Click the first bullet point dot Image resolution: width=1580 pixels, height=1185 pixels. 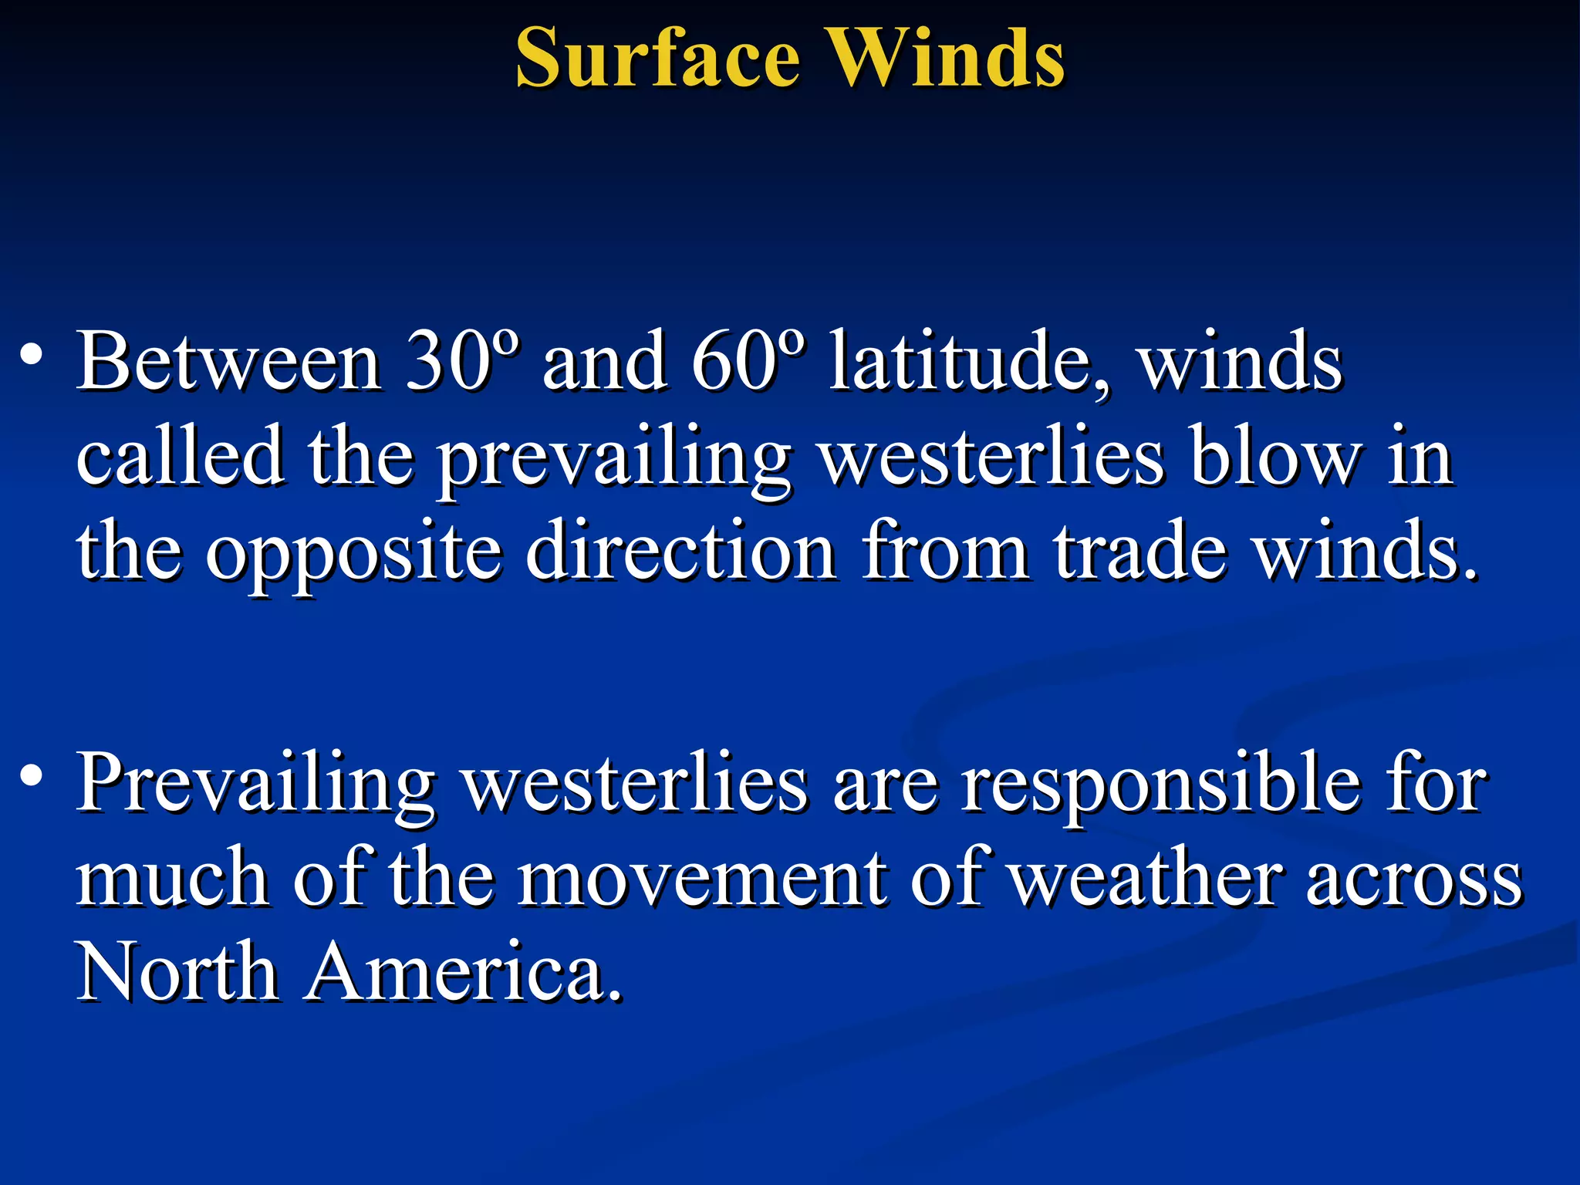[32, 356]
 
